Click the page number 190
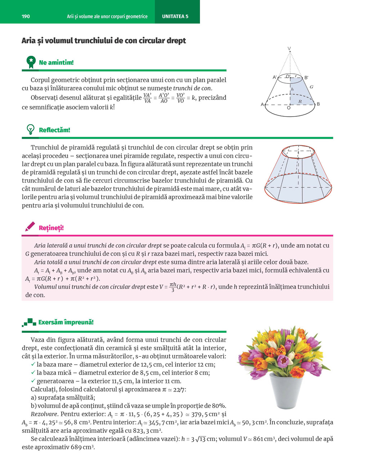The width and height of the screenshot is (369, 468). tap(26, 16)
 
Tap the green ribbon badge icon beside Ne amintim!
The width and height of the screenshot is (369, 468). tap(31, 62)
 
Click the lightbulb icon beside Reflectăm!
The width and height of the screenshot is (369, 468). tap(31, 129)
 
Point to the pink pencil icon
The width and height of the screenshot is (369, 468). tap(30, 226)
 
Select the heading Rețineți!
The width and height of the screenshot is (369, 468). tap(51, 228)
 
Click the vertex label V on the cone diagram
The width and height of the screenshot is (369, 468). tap(289, 49)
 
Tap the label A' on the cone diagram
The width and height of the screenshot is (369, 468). tap(275, 77)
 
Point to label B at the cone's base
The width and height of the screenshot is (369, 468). tap(318, 104)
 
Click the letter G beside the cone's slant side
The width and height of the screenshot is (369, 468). tap(311, 87)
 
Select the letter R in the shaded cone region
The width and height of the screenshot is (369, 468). tap(300, 102)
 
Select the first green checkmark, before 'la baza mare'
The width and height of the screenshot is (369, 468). tap(33, 364)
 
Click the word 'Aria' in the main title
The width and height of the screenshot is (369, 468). tap(28, 40)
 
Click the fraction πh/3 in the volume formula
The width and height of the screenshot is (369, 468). tap(173, 287)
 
